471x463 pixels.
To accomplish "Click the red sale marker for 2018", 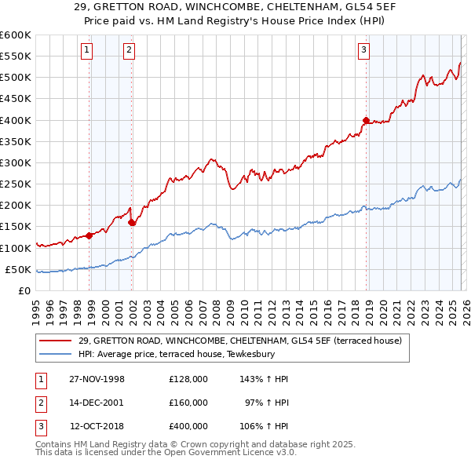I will (x=366, y=120).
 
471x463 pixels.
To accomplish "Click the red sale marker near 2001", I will (x=131, y=222).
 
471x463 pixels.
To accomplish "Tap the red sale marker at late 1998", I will (x=89, y=235).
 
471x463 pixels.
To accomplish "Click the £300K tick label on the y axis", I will (x=15, y=162).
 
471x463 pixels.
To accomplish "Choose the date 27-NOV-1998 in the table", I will (x=97, y=379).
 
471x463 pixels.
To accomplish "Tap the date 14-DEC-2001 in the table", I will (x=97, y=403).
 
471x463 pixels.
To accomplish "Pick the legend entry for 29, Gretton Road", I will (x=240, y=341).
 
